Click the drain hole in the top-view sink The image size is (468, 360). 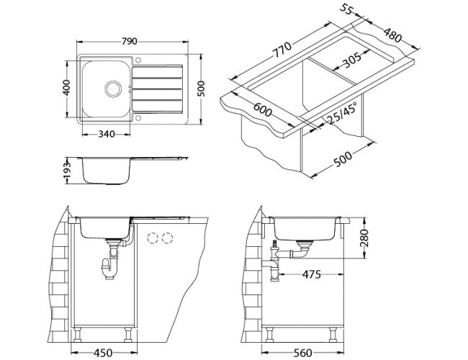113,89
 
